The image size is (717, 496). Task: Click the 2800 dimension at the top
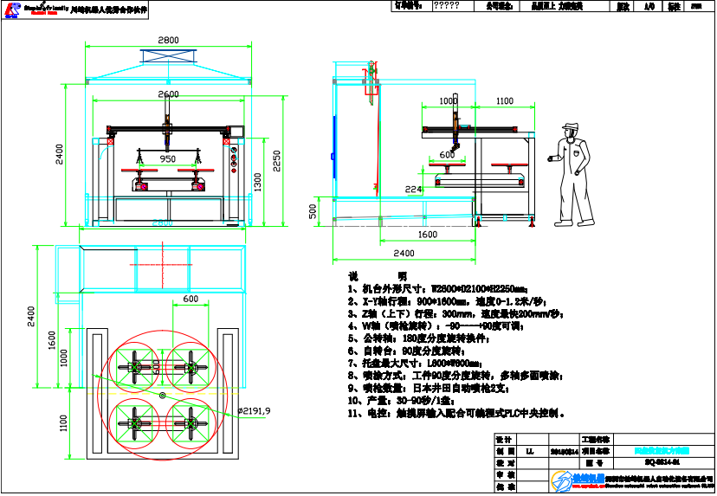click(168, 40)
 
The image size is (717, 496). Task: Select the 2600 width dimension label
click(168, 93)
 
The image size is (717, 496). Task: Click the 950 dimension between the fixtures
click(168, 158)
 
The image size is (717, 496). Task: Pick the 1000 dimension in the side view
click(448, 101)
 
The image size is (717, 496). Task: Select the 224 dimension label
click(413, 189)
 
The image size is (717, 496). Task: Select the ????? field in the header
click(446, 5)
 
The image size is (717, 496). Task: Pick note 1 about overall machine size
click(437, 289)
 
